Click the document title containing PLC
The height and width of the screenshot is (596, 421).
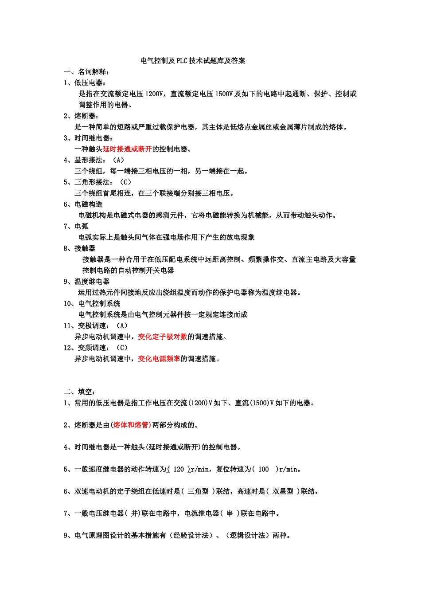point(193,61)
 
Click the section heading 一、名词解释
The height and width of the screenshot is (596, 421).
point(86,72)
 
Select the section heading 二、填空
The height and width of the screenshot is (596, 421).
point(79,392)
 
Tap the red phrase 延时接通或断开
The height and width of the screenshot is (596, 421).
point(127,149)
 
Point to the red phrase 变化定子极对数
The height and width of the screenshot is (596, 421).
point(163,337)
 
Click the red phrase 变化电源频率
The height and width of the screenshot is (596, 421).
point(159,359)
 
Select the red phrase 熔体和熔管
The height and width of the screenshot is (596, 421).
point(132,425)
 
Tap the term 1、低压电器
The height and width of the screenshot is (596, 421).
point(84,83)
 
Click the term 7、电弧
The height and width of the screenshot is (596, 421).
point(76,227)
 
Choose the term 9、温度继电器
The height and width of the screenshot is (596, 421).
point(86,282)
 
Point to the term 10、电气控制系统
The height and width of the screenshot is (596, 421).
point(92,304)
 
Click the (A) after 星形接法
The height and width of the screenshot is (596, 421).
point(118,160)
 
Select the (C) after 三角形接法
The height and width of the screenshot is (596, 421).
point(125,182)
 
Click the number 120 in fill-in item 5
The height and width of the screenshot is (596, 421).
point(179,470)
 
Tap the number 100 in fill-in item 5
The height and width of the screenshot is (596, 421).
point(263,470)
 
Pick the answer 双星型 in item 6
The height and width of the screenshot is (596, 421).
point(283,491)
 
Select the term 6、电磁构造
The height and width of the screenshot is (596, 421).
point(83,204)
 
